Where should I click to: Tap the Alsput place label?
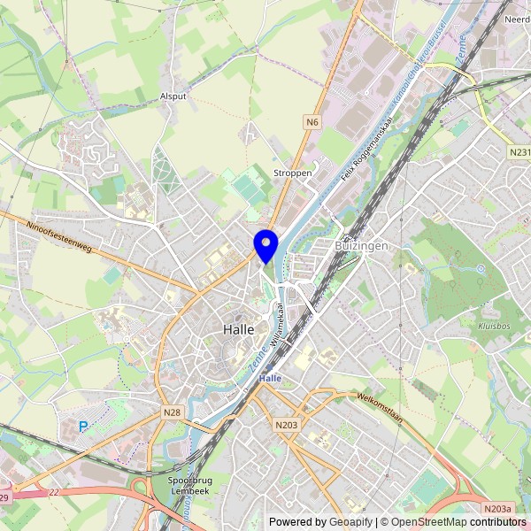tap(173, 95)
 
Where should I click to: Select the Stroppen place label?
tap(293, 173)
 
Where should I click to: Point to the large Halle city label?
tap(239, 328)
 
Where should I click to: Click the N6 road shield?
tap(312, 121)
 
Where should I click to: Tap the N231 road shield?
tap(519, 153)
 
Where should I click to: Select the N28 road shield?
tap(172, 412)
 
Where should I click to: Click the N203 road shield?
tap(286, 426)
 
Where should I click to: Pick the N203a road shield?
tap(497, 508)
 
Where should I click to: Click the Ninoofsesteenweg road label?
tap(59, 238)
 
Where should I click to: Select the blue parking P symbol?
tap(84, 427)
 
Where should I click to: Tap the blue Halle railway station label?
tap(269, 378)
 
